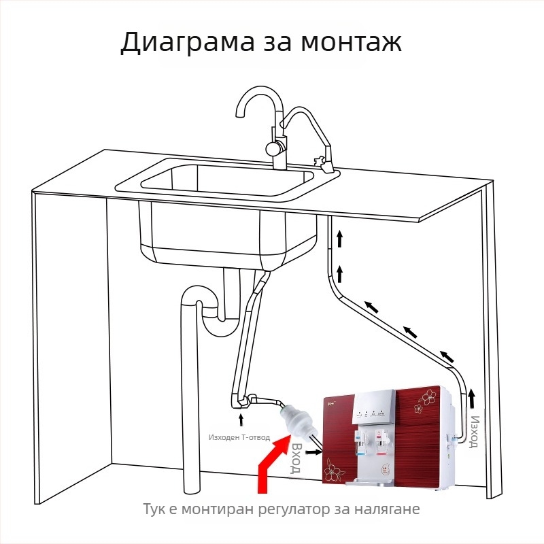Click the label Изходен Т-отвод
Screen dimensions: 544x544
click(x=239, y=437)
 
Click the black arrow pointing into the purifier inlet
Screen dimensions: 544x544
click(x=313, y=450)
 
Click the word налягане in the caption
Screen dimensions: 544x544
click(x=390, y=509)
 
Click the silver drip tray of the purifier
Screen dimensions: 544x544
click(x=370, y=482)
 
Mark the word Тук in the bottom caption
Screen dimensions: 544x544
click(x=155, y=509)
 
